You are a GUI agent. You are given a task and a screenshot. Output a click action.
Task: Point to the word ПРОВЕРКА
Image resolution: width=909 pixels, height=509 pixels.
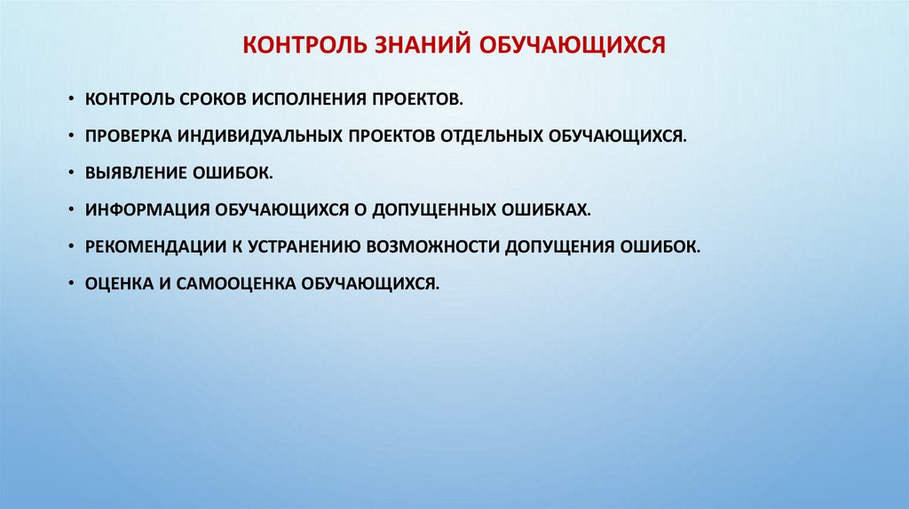click(130, 135)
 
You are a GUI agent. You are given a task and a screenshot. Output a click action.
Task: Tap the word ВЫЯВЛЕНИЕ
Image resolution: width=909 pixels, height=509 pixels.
click(134, 172)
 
